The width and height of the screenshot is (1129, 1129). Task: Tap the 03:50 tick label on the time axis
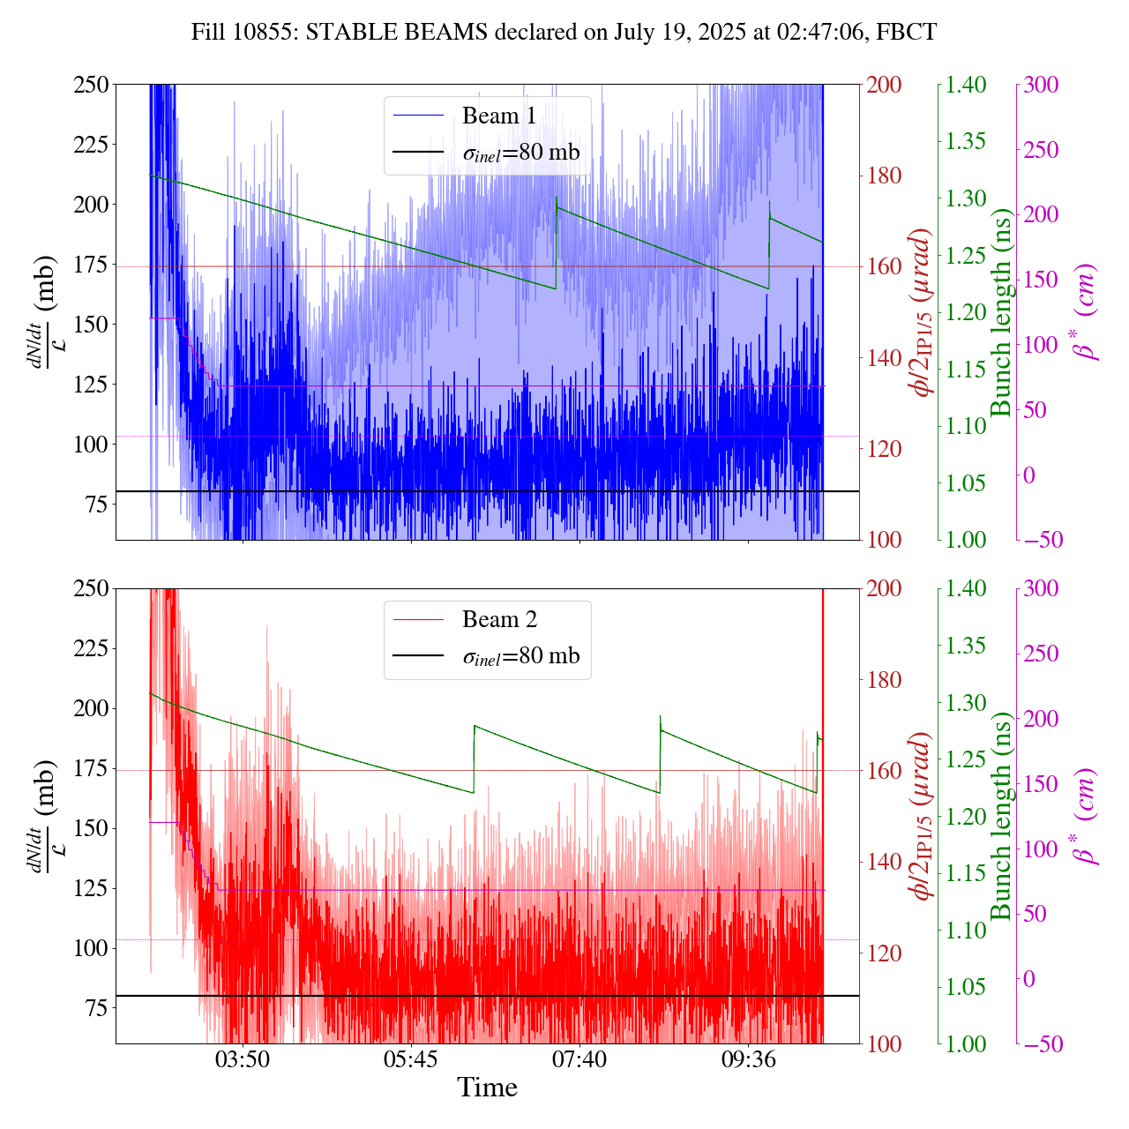click(243, 1058)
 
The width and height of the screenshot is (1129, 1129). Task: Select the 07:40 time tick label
click(579, 1058)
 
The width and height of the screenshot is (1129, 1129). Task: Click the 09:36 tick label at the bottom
click(748, 1058)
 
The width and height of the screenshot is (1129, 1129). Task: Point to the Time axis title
click(487, 1088)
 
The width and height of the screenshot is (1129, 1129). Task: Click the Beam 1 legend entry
click(498, 116)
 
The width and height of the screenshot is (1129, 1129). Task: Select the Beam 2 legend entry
click(498, 619)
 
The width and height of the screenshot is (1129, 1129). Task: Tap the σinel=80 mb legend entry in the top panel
click(520, 153)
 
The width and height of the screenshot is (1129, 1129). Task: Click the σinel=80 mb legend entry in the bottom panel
click(520, 656)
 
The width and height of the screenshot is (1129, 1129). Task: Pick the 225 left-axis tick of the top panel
click(91, 144)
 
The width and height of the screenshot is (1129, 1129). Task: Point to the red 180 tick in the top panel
click(886, 176)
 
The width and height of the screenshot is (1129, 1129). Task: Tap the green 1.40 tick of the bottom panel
click(967, 588)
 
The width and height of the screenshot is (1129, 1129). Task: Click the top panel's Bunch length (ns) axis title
click(1000, 312)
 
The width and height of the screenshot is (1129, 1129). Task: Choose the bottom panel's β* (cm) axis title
click(1087, 816)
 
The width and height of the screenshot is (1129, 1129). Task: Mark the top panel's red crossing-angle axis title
click(923, 312)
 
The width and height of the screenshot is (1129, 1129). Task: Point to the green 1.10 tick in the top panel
click(967, 426)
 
